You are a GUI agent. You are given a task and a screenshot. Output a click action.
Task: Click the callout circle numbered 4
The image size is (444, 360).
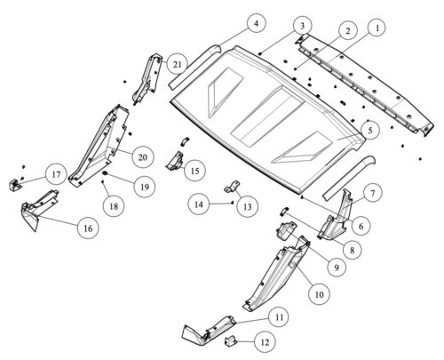(x=256, y=23)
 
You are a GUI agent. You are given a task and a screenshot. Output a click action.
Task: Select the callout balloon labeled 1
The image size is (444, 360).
(x=377, y=28)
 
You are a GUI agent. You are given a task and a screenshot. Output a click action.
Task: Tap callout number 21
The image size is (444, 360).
(x=177, y=64)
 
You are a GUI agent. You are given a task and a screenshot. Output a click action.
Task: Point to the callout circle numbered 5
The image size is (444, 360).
(x=370, y=131)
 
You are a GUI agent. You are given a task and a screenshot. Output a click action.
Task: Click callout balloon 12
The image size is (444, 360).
(x=265, y=342)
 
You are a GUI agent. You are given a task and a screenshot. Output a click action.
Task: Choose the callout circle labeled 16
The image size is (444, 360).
(x=88, y=228)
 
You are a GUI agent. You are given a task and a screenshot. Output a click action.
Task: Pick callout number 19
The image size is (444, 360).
(x=144, y=187)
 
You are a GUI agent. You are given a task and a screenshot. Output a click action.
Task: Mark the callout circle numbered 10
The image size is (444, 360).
(x=319, y=294)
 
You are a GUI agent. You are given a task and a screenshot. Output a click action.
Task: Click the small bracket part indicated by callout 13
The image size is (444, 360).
(x=232, y=187)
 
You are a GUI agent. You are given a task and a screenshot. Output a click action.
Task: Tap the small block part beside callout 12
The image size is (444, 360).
(x=230, y=340)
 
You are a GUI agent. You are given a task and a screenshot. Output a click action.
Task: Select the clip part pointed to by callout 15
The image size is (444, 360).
(x=175, y=161)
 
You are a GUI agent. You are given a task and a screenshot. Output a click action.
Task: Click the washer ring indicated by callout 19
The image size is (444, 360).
(x=106, y=172)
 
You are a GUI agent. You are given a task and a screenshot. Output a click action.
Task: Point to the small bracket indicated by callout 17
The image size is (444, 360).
(x=14, y=185)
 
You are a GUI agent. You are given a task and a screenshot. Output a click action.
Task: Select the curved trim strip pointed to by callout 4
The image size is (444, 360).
(x=195, y=67)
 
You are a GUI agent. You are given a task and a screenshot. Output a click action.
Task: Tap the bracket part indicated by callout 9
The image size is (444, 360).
(x=286, y=230)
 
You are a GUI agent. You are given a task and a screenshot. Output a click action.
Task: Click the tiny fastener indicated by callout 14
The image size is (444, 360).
(x=233, y=203)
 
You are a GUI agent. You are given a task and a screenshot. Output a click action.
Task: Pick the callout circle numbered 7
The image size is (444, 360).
(x=372, y=193)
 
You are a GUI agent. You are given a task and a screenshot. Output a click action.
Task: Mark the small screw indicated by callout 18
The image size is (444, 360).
(x=103, y=182)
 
